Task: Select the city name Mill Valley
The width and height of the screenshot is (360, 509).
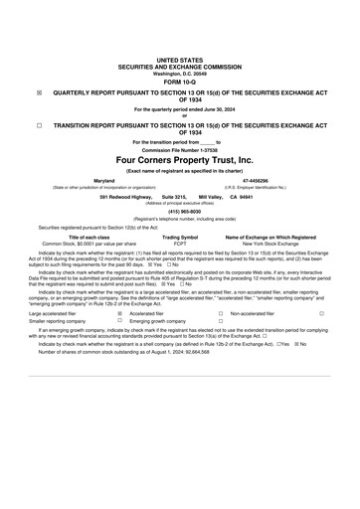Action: (x=211, y=198)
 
